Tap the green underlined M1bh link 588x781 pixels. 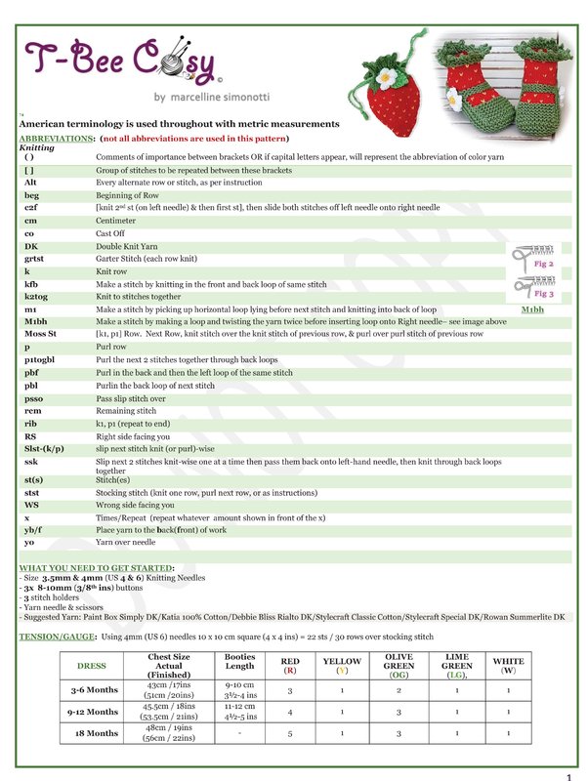[533, 308]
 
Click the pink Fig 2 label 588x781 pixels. [544, 264]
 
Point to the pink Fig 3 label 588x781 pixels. [544, 293]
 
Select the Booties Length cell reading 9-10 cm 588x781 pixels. [239, 685]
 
